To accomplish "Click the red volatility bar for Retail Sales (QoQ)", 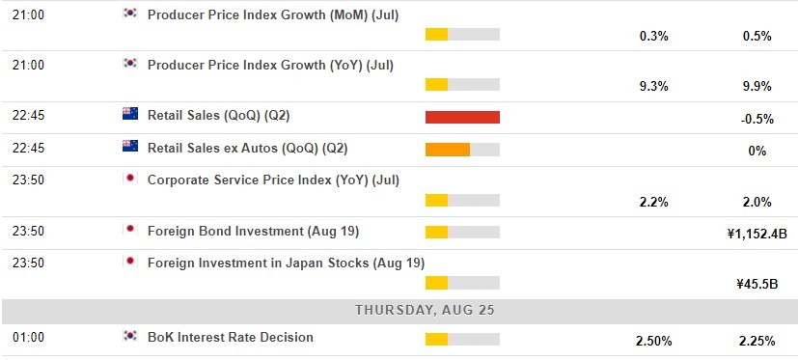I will [x=462, y=117].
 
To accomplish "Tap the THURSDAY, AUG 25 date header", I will [x=399, y=310].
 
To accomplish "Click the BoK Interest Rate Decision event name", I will [x=230, y=337].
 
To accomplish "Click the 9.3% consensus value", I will [x=654, y=86].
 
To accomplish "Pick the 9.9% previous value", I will [x=757, y=86].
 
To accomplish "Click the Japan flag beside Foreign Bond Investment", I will [x=129, y=230].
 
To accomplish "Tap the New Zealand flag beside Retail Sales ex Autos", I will [x=129, y=147].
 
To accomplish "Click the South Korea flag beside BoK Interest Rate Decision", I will [x=129, y=336].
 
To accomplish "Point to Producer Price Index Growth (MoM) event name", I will [x=272, y=14].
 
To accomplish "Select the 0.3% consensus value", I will [x=654, y=36].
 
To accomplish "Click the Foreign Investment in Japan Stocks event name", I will [x=285, y=263].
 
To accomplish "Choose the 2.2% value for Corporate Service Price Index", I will [x=654, y=202].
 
